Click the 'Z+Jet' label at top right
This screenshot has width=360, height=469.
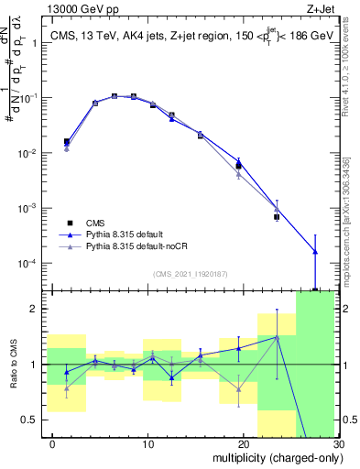point(322,8)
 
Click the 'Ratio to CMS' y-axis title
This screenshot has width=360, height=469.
point(13,365)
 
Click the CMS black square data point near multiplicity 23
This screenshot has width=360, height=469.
point(277,217)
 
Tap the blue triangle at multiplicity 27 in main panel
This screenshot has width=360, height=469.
point(314,251)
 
